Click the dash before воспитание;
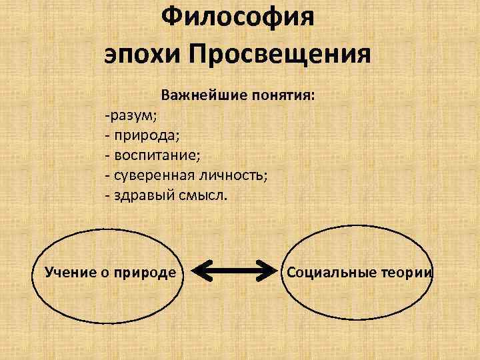coord(107,156)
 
